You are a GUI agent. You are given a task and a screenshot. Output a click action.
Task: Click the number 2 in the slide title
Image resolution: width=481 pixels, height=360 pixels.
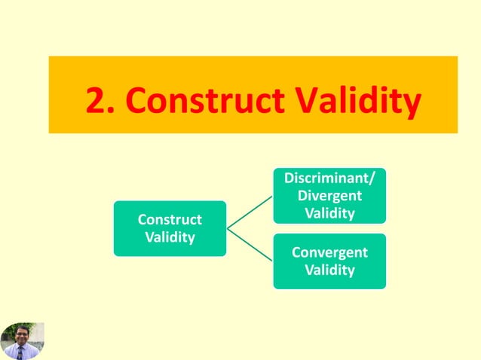click(x=95, y=100)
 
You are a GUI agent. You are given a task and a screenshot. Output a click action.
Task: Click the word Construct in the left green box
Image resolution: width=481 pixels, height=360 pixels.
click(x=170, y=220)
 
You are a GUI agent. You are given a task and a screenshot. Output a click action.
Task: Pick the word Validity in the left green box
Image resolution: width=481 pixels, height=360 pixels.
click(x=170, y=237)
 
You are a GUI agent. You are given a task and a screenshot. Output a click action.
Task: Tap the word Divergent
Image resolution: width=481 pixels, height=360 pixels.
click(x=329, y=196)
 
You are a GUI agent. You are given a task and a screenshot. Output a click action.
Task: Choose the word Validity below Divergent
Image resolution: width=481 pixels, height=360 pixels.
click(x=329, y=213)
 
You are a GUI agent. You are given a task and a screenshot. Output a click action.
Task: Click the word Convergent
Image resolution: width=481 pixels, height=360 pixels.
click(x=329, y=252)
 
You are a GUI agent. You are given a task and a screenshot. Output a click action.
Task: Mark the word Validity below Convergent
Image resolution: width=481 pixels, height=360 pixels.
click(x=329, y=270)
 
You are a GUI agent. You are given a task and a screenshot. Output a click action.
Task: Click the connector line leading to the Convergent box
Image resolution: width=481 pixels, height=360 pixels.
click(x=250, y=243)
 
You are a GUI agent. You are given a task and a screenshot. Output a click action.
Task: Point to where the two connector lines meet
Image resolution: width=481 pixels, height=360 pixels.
click(x=228, y=227)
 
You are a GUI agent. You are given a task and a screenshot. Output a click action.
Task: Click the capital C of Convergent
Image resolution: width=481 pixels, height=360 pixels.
click(x=296, y=252)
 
